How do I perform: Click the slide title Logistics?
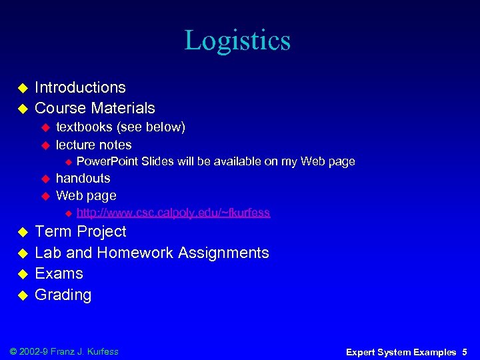pos(237,41)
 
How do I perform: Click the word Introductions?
pos(80,87)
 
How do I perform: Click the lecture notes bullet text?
pos(93,145)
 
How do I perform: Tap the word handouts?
pos(83,178)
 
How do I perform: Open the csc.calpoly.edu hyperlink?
pos(173,213)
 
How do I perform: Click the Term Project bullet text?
pos(80,231)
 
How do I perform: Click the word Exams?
pos(59,273)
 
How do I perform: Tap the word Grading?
pos(63,295)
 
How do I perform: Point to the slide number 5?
pos(464,352)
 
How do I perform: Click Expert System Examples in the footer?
pos(401,352)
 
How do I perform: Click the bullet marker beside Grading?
pos(21,295)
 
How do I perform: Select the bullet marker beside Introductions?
pos(21,88)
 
